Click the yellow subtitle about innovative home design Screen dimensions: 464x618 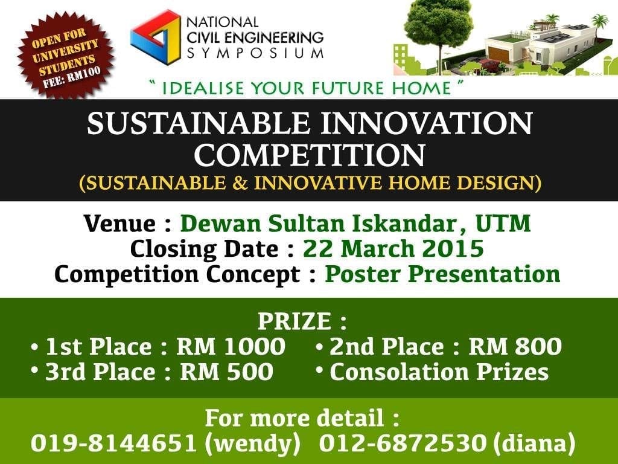[310, 182]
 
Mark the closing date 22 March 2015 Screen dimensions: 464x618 [393, 248]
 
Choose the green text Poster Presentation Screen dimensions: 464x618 [443, 274]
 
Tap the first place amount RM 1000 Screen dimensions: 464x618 [231, 347]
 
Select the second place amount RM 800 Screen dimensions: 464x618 [515, 347]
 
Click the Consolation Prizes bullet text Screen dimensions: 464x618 [439, 372]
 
